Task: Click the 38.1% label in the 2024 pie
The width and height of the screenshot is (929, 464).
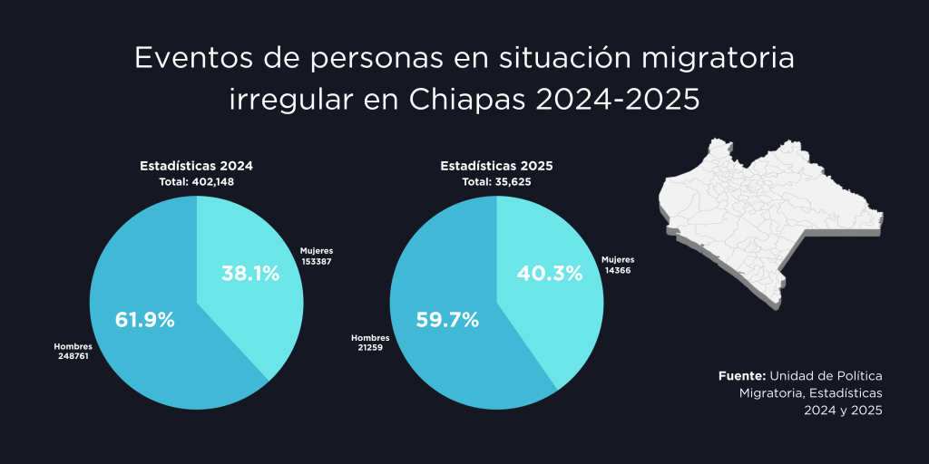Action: tap(250, 273)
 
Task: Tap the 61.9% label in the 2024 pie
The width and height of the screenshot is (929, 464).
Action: tap(145, 320)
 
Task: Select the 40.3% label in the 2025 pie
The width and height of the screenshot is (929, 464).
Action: tap(550, 273)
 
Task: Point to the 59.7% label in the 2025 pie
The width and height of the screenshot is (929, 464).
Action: tap(446, 320)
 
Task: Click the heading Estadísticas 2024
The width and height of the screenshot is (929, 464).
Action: tap(196, 167)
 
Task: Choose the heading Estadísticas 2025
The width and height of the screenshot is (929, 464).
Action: tap(496, 167)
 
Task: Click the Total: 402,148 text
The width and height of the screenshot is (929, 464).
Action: tap(196, 182)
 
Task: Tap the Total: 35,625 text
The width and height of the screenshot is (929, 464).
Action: tap(496, 182)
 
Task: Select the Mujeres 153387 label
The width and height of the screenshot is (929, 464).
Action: tap(319, 256)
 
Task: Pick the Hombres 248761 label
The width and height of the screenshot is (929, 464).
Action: tap(73, 351)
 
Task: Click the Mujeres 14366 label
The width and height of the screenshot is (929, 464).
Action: tap(620, 265)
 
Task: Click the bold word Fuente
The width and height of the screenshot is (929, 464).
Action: tap(742, 375)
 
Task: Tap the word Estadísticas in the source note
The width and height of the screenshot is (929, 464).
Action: tap(846, 392)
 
